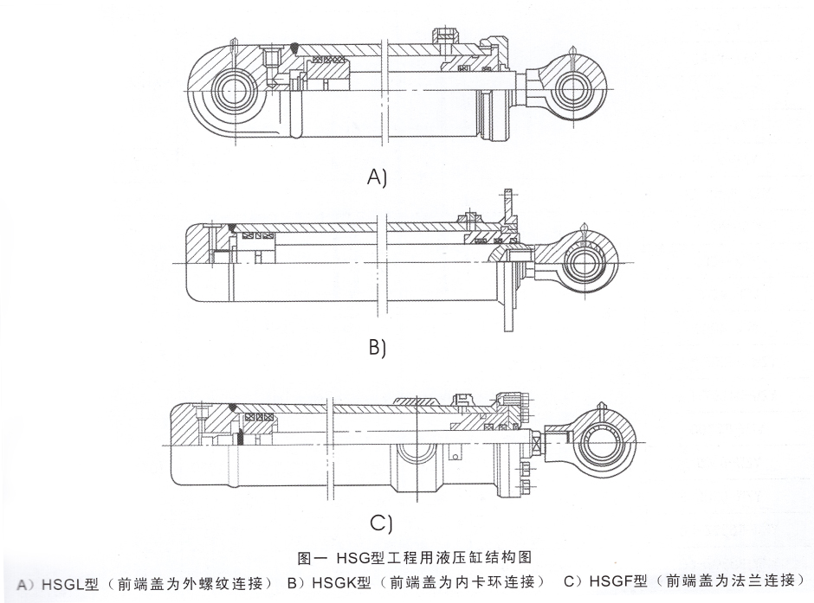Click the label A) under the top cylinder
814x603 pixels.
click(377, 177)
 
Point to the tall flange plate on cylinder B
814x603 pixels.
click(507, 260)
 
